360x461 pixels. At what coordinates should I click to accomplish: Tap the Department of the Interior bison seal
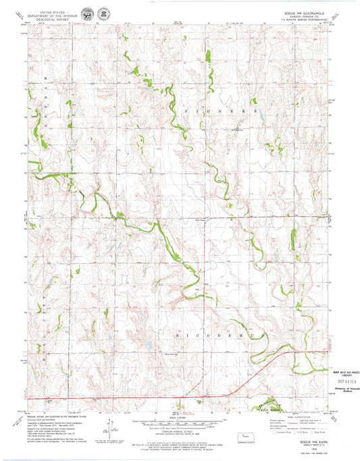[88, 13]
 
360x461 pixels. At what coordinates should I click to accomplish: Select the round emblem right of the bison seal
[103, 13]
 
